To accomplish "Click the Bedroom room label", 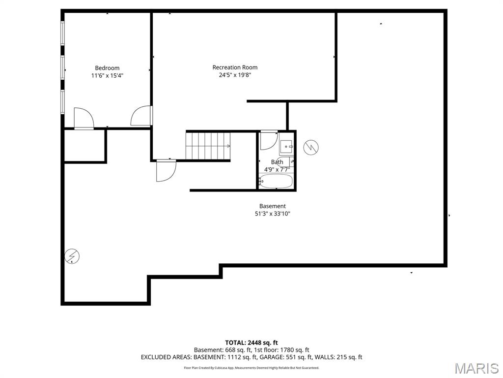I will tap(107, 68).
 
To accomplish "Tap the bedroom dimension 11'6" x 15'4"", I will tap(107, 76).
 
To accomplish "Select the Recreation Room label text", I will tap(235, 67).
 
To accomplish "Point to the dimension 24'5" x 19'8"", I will tap(235, 75).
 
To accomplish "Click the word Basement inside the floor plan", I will tap(273, 206).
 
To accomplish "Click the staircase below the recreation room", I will tap(208, 146).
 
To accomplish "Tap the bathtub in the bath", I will tap(276, 181).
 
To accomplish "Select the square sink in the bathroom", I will tap(286, 147).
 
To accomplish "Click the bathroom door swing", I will tap(268, 141).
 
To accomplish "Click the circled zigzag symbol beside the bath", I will tap(311, 147).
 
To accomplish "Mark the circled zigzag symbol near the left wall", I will tap(72, 256).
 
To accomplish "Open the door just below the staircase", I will tap(166, 171).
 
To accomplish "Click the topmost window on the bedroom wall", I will tap(62, 32).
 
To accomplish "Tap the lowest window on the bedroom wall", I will tap(62, 102).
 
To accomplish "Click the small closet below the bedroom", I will tap(84, 146).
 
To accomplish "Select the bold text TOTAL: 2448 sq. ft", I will tap(251, 343).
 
